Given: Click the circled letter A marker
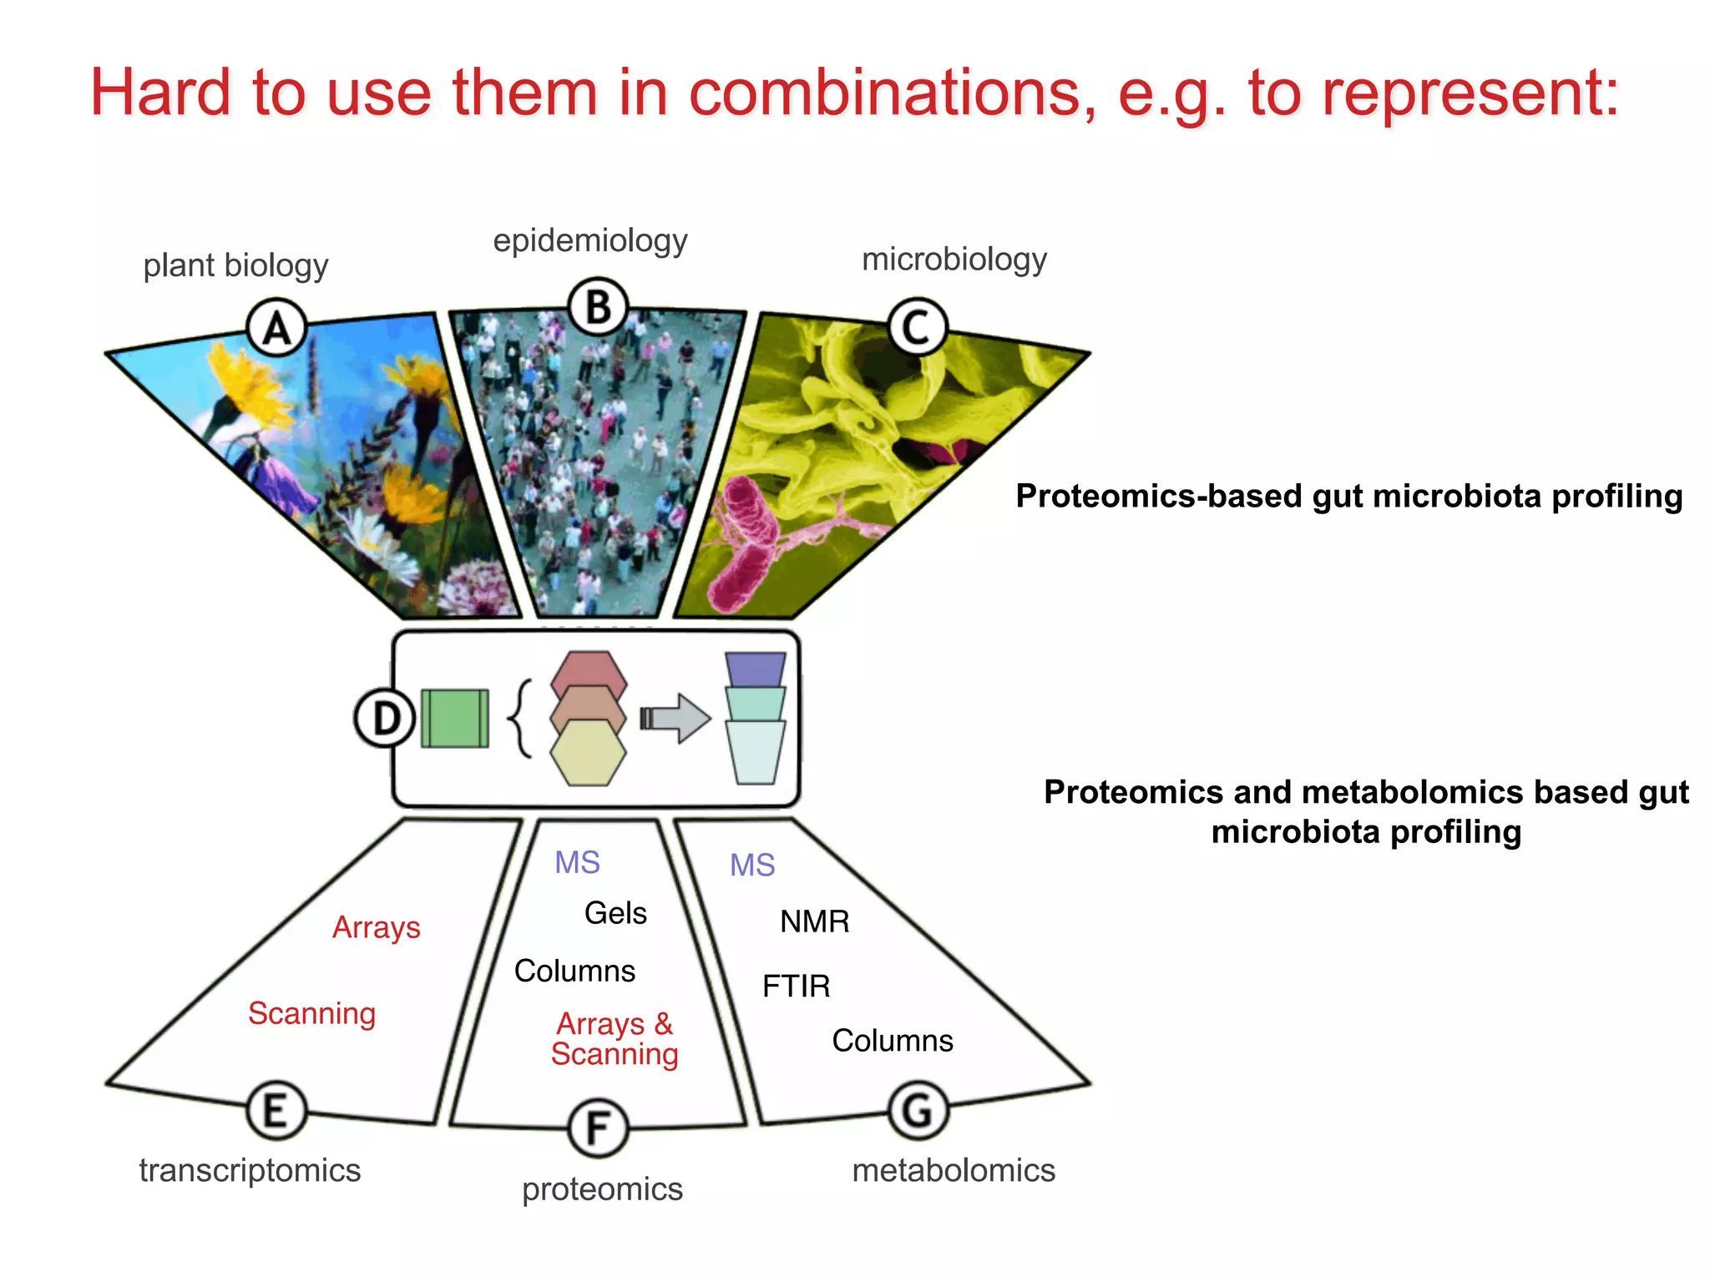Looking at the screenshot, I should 277,327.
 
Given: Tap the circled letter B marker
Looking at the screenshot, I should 598,306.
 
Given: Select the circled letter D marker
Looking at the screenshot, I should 385,718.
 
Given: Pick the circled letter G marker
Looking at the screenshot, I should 918,1110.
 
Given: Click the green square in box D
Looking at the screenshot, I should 455,718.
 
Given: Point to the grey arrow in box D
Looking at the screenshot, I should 676,718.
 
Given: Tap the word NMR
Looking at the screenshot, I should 814,921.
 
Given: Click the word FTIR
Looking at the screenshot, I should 796,987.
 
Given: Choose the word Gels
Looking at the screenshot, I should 615,913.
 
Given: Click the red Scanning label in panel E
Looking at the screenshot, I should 311,1013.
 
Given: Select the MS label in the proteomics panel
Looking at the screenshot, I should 577,862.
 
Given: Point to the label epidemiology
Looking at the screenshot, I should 589,240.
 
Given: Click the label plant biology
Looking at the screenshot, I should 235,265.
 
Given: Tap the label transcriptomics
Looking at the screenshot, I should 250,1170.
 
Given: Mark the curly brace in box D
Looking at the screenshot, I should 520,718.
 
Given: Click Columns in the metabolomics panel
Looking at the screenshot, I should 892,1041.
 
